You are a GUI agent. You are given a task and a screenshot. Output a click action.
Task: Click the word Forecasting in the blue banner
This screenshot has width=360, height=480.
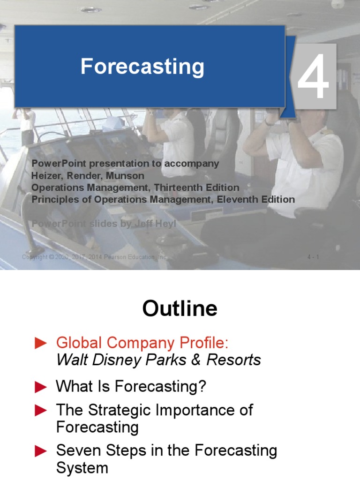click(x=142, y=67)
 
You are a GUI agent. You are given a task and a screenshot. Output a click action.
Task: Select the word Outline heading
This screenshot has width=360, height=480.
click(x=180, y=309)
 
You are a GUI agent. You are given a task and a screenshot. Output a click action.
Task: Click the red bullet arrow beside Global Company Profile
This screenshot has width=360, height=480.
click(x=41, y=344)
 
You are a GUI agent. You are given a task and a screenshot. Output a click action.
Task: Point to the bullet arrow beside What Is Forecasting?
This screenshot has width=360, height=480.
click(x=41, y=387)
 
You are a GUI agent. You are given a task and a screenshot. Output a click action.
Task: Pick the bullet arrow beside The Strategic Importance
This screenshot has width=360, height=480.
click(x=41, y=411)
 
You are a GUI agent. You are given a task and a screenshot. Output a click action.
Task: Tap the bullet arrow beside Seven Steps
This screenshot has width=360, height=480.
click(x=41, y=451)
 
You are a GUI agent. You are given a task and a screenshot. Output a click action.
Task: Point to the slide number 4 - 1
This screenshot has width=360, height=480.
click(x=313, y=257)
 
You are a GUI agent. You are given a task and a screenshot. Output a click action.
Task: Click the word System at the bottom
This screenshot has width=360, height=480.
click(x=82, y=468)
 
